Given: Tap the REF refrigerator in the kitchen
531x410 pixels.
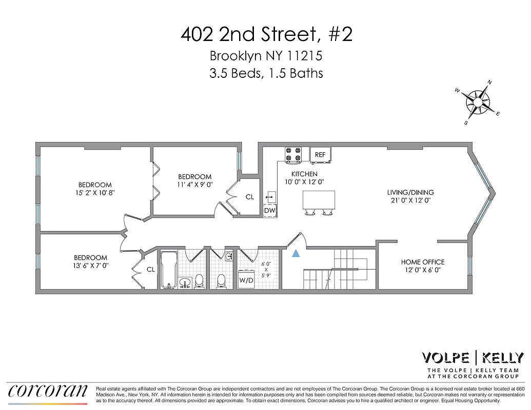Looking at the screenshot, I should [x=320, y=154].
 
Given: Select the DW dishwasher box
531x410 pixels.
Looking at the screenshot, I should [x=270, y=210].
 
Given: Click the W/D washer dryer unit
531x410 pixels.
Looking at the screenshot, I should [x=246, y=280].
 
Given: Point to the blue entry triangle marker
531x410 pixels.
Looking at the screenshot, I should [x=296, y=253].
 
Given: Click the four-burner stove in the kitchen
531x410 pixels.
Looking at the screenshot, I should [x=293, y=155].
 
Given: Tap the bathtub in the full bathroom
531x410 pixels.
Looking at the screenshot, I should [x=168, y=269].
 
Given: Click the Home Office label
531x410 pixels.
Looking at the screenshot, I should [x=423, y=262].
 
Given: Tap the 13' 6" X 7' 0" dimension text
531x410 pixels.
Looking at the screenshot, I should [x=90, y=266].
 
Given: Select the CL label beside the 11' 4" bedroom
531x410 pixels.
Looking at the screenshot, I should [x=250, y=196].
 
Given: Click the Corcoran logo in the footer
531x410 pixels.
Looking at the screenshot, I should [x=48, y=391].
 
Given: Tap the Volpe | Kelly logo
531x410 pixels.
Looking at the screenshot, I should [x=473, y=357].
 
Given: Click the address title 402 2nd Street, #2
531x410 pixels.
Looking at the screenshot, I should [x=266, y=35].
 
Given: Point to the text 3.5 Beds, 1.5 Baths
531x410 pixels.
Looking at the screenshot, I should [x=266, y=73].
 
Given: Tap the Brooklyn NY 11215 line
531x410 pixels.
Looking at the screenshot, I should [x=266, y=56].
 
